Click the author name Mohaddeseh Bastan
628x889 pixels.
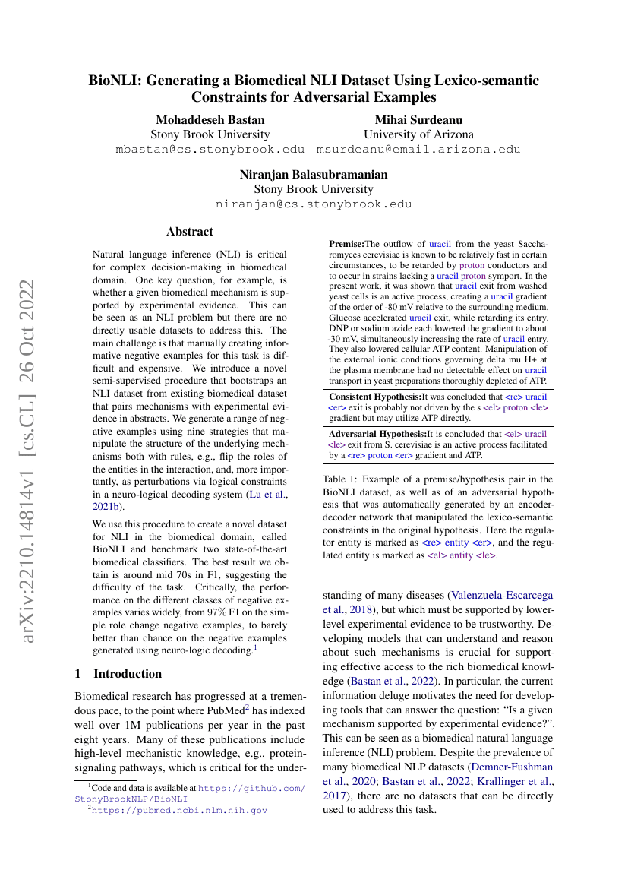210,119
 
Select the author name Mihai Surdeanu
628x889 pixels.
418,119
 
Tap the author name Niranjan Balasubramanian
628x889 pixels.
314,174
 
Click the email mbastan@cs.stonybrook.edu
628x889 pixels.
210,150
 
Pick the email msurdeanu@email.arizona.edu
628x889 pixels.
418,150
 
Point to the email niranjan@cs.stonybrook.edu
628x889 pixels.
314,204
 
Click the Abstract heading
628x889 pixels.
190,232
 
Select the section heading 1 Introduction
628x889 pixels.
118,674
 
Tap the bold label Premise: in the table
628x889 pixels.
346,244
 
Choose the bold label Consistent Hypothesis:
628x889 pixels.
374,397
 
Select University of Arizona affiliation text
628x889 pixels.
418,134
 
